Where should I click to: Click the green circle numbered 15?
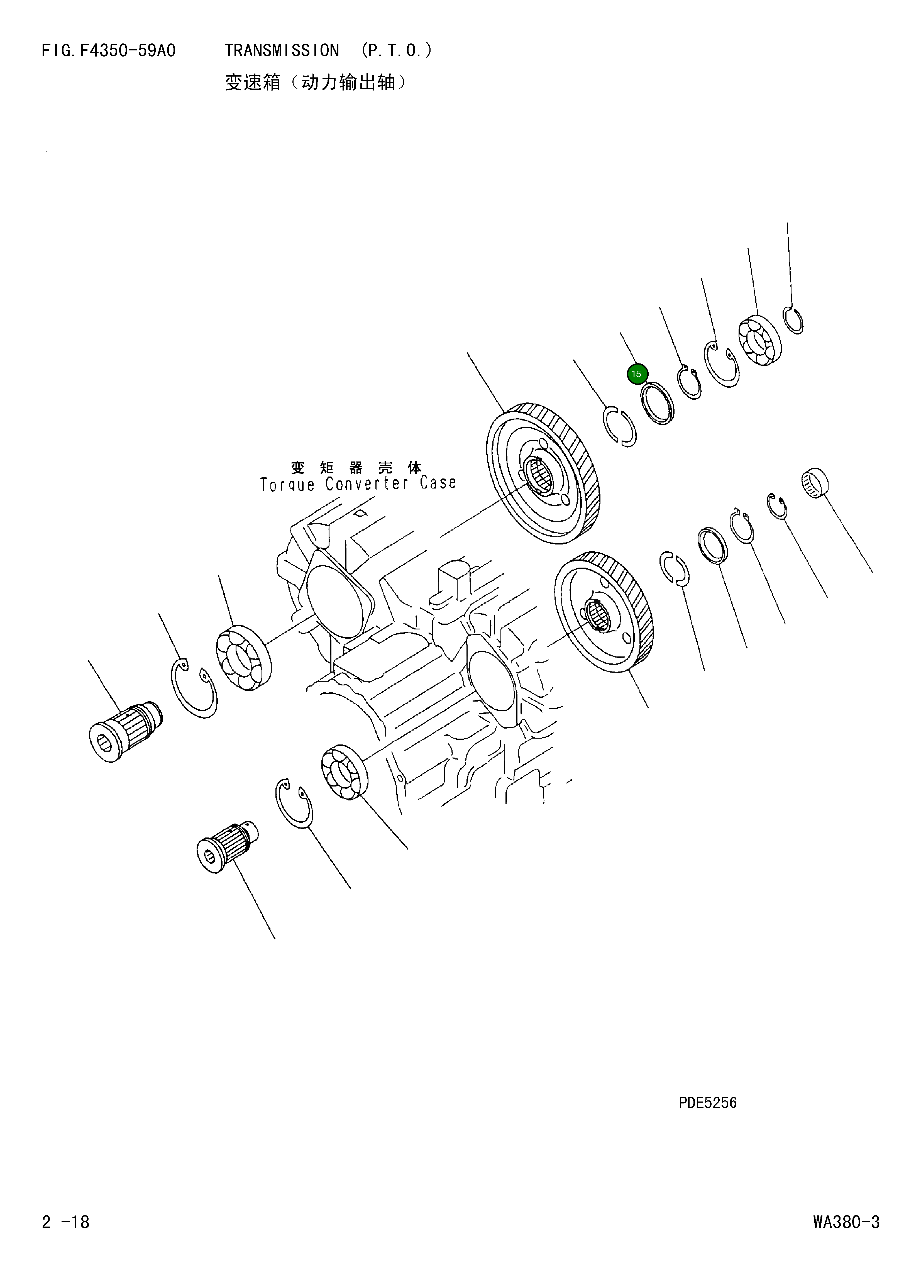pyautogui.click(x=637, y=374)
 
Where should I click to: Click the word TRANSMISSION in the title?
pyautogui.click(x=282, y=51)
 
